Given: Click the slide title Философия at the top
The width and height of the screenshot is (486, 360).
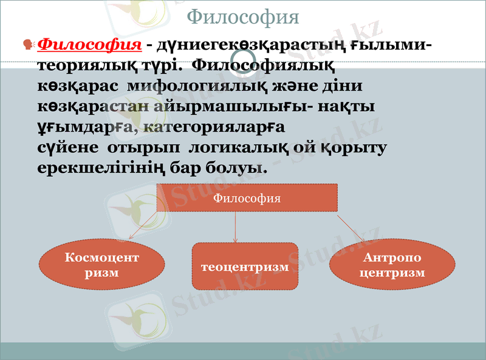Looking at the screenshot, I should pos(242,16).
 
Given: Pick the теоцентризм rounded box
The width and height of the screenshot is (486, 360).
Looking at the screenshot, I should pos(245,267).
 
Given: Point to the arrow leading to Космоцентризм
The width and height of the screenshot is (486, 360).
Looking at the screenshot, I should pos(143,226).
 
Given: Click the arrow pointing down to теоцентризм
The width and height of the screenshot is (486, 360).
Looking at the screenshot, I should pos(236,226).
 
